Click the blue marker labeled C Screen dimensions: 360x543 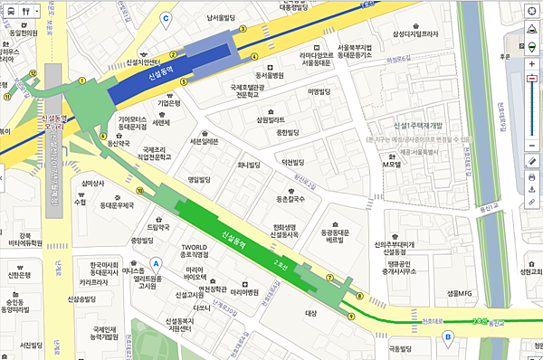point(166,17)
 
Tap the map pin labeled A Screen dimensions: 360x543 point(155,263)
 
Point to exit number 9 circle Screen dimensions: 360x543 point(350,314)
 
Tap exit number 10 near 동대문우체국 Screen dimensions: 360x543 point(139,191)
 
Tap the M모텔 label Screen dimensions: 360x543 point(391,164)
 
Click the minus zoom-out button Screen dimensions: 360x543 point(531,79)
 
